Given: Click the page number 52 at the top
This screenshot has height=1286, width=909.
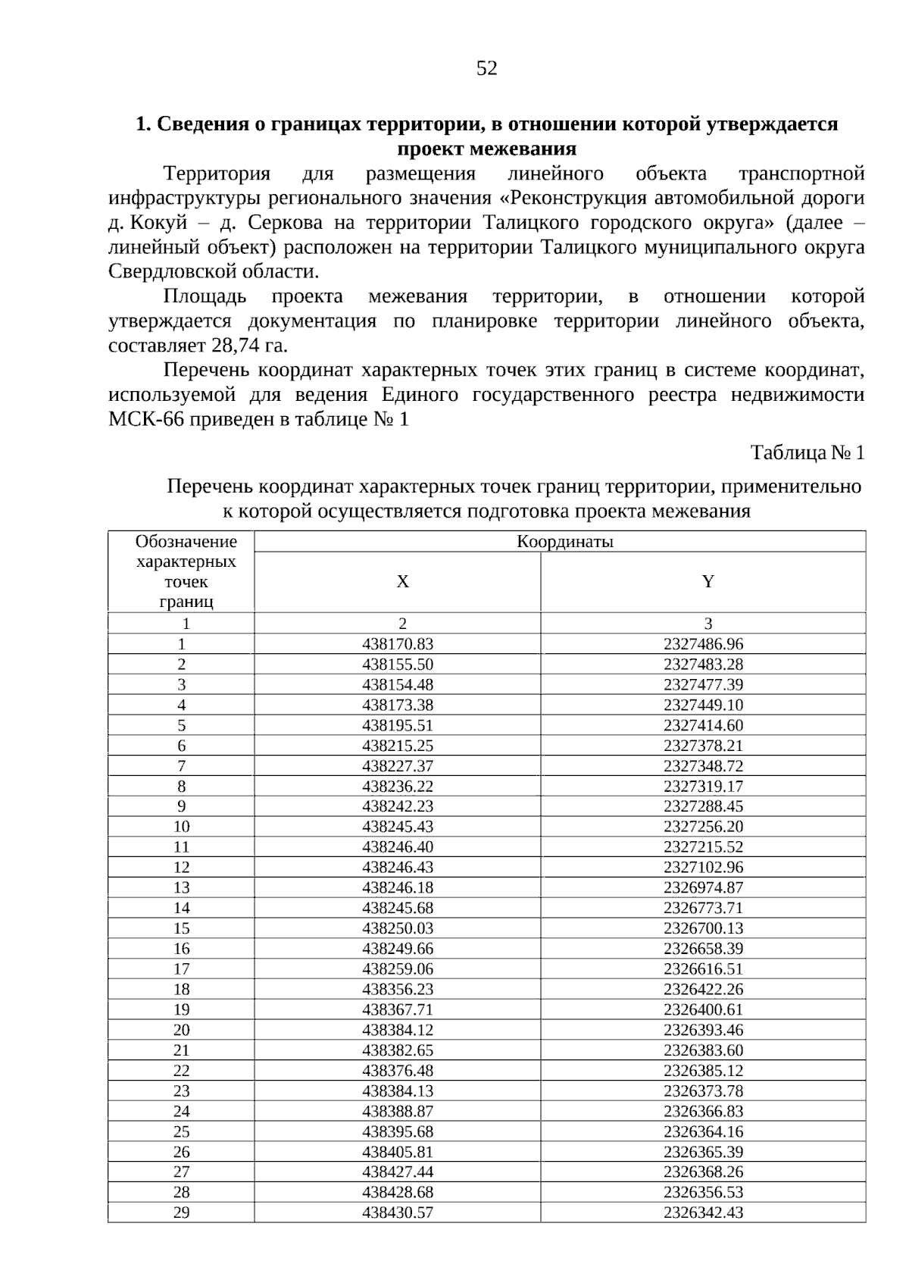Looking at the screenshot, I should coord(487,69).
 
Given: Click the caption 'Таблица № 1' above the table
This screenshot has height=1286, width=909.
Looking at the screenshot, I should coord(807,453).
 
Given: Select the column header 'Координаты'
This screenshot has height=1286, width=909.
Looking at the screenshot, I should coord(564,542).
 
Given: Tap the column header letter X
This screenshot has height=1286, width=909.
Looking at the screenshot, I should coord(402,582).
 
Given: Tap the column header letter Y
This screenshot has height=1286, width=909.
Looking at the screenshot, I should coord(708,582).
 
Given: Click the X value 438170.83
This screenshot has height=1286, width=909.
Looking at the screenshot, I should coord(398,644).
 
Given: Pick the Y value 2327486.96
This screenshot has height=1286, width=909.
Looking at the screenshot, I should coord(703,644).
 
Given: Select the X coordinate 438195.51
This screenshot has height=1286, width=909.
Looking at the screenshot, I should coord(398,725).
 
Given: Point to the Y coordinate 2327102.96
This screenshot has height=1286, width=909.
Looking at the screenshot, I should coord(703,868).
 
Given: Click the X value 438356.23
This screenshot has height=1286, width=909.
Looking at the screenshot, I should coord(398,990).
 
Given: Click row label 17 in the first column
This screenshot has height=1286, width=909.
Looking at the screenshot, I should coord(181,969).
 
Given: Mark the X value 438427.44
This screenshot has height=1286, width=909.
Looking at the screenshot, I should coord(398,1172).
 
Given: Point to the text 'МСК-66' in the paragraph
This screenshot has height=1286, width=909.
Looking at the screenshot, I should coord(145,420).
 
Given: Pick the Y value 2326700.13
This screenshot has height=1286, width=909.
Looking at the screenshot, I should coord(703,928).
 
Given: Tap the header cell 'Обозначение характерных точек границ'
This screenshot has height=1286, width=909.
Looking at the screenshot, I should coord(186,572).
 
